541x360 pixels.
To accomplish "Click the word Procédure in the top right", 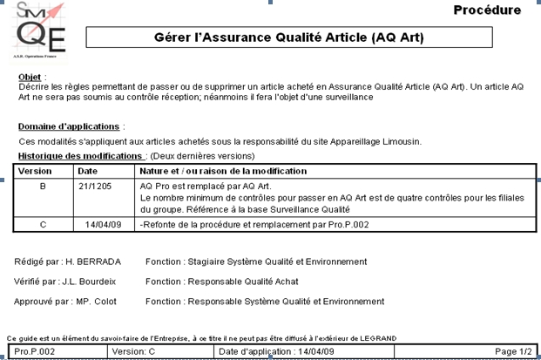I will pyautogui.click(x=487, y=10).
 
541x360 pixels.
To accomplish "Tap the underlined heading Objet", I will pyautogui.click(x=30, y=77).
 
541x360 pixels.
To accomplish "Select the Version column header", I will pyautogui.click(x=36, y=171).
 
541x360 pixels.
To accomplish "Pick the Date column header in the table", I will pyautogui.click(x=88, y=171).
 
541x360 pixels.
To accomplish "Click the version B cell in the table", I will pyautogui.click(x=43, y=187).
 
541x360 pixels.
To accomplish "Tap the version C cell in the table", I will pyautogui.click(x=43, y=224).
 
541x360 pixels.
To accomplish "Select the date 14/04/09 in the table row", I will pyautogui.click(x=102, y=224).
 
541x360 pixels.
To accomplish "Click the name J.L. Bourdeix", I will pyautogui.click(x=93, y=282).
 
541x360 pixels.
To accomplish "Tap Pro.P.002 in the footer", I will pyautogui.click(x=35, y=350).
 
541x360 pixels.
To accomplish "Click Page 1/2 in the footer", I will pyautogui.click(x=512, y=350).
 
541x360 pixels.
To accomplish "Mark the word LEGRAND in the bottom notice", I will pyautogui.click(x=375, y=337).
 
